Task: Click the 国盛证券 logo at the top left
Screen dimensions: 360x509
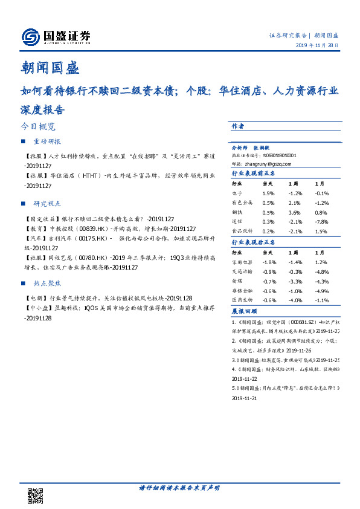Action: click(x=56, y=37)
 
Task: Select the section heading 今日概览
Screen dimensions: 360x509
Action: click(x=37, y=127)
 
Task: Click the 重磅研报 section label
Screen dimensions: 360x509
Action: click(x=47, y=141)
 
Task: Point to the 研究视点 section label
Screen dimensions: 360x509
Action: click(x=47, y=204)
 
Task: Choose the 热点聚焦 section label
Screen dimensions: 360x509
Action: click(x=47, y=282)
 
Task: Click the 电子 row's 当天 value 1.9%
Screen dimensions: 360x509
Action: click(x=269, y=193)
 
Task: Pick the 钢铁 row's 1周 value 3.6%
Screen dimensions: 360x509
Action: click(x=294, y=213)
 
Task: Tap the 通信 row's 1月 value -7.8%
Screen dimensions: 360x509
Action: click(x=321, y=222)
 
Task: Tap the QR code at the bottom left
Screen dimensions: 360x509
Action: click(x=36, y=495)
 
